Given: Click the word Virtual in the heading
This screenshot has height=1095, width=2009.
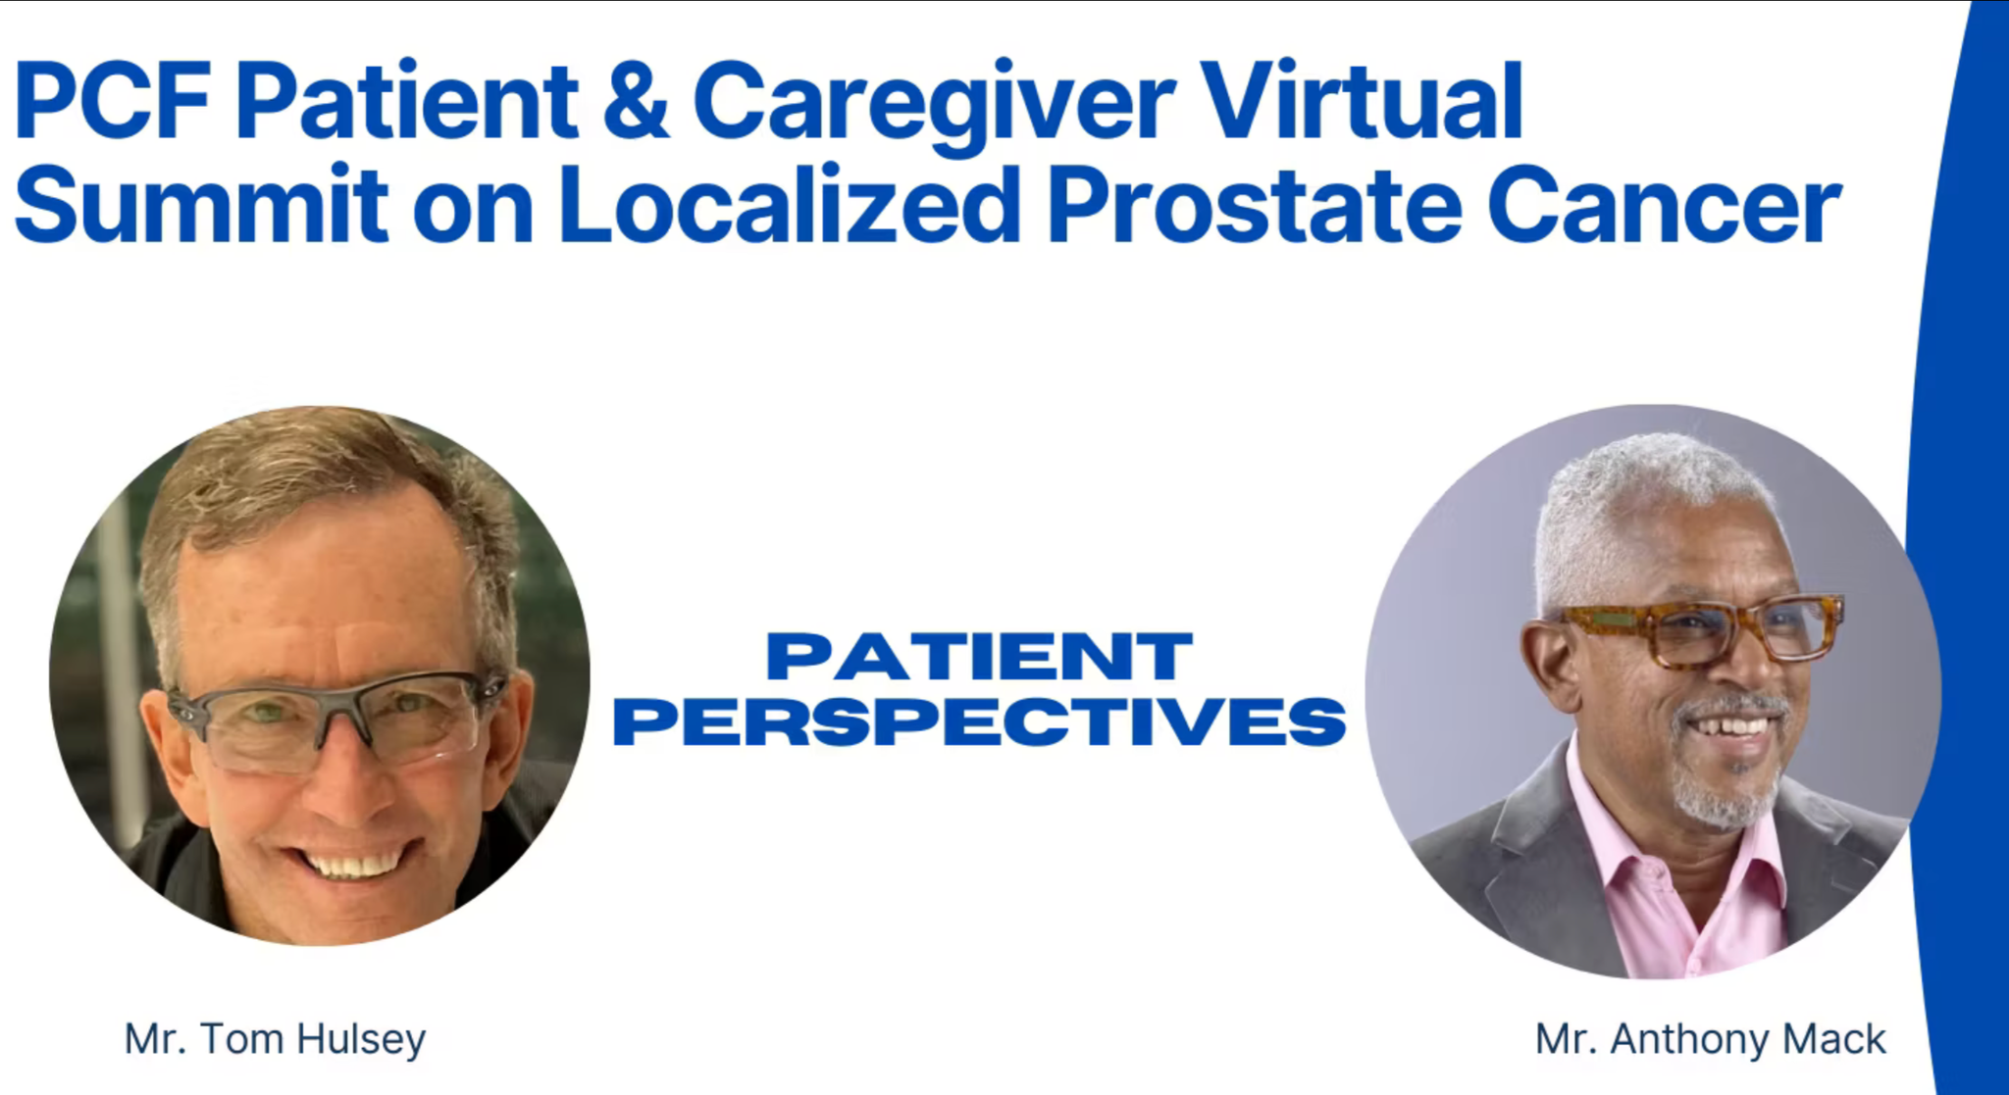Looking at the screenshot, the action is [x=1362, y=100].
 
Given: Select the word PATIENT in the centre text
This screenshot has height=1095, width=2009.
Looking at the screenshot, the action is [x=979, y=657].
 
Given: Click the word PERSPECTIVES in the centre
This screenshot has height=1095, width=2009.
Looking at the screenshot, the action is [x=979, y=722].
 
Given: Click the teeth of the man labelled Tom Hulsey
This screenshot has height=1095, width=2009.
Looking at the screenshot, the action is [x=353, y=865].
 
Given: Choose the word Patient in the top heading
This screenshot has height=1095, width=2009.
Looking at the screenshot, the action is [x=407, y=102].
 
